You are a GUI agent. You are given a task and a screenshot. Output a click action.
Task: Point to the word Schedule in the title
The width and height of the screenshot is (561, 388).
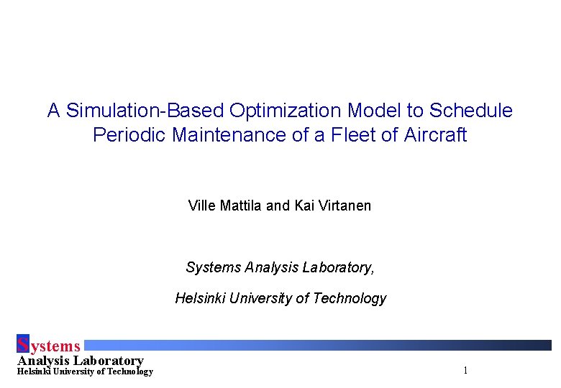(x=471, y=111)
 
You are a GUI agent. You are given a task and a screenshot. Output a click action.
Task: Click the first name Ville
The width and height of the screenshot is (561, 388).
(x=202, y=206)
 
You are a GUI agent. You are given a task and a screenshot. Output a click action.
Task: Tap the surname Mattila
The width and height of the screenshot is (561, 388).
(x=241, y=206)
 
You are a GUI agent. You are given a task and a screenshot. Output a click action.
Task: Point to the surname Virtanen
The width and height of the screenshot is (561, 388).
(x=345, y=206)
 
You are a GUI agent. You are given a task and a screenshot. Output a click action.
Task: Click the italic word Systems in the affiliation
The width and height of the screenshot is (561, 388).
(x=213, y=268)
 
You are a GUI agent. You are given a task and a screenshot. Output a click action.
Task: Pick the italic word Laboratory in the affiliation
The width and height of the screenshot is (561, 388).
(x=337, y=268)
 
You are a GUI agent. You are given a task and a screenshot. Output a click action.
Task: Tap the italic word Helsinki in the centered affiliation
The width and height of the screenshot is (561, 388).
(x=200, y=298)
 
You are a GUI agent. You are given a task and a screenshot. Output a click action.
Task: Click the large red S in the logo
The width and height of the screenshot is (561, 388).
(x=22, y=345)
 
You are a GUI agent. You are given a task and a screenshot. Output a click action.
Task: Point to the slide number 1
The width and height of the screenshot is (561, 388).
(x=466, y=371)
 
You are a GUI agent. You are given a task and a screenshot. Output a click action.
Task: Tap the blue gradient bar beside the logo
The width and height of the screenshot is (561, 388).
(x=316, y=345)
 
